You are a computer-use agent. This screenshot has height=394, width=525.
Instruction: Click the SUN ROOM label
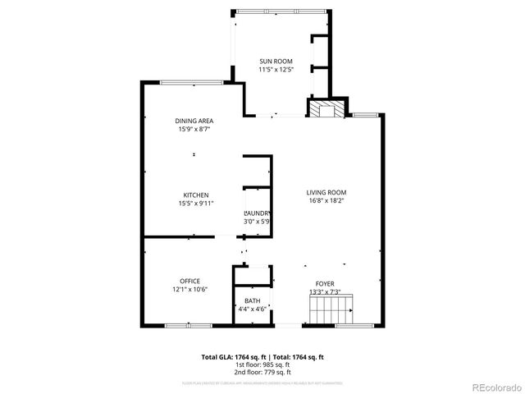click(x=276, y=62)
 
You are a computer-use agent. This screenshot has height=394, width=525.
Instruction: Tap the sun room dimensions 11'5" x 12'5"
click(x=276, y=70)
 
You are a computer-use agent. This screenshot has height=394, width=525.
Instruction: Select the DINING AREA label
click(x=194, y=121)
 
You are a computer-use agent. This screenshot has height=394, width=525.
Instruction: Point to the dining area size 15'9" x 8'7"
click(x=194, y=129)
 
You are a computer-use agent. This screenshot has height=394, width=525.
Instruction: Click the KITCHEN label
click(x=195, y=195)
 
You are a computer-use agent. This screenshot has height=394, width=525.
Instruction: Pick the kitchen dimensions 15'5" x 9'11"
click(x=195, y=203)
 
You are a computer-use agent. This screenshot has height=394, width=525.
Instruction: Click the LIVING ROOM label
click(x=326, y=191)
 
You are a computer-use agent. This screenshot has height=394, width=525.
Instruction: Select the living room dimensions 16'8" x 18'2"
click(x=326, y=199)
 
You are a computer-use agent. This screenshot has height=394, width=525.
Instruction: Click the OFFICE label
click(x=190, y=281)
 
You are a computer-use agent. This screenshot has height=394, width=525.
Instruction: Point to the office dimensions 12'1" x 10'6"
click(x=190, y=289)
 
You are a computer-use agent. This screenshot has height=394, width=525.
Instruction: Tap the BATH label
click(x=252, y=300)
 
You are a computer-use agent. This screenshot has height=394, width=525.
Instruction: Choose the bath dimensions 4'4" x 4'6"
click(x=252, y=309)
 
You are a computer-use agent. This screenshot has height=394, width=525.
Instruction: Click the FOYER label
click(x=325, y=283)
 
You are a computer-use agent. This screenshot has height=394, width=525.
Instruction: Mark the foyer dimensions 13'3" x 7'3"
click(x=325, y=291)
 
